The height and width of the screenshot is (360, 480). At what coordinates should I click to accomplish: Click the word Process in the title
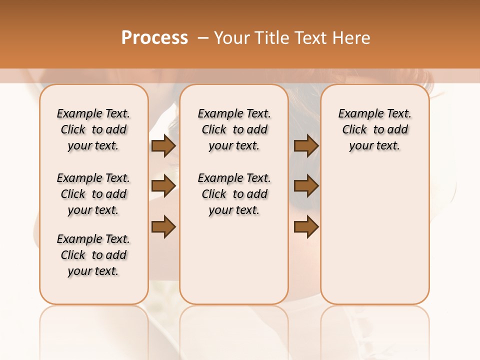click(x=154, y=37)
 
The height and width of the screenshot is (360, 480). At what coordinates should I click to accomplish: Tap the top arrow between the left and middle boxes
click(x=163, y=145)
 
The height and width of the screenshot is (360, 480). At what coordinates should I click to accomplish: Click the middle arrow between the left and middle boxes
click(x=163, y=186)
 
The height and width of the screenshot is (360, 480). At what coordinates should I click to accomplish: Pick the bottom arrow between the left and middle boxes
click(x=163, y=227)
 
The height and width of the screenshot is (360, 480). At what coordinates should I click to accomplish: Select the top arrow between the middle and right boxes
click(x=306, y=145)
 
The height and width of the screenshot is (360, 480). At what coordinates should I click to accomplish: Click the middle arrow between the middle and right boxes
click(x=306, y=186)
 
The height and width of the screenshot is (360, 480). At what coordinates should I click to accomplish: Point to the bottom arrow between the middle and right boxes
click(x=306, y=227)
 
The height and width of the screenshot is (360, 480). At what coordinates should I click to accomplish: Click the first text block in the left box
click(x=93, y=129)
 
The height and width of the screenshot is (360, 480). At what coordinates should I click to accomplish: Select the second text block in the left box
click(x=93, y=194)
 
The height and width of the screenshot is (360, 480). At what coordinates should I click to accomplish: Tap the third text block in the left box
click(x=93, y=255)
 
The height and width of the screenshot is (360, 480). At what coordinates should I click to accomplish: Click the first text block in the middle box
click(x=234, y=129)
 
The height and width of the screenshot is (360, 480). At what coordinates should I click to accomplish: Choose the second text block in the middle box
click(x=234, y=194)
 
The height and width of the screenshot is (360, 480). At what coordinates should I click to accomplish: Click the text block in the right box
click(x=374, y=129)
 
